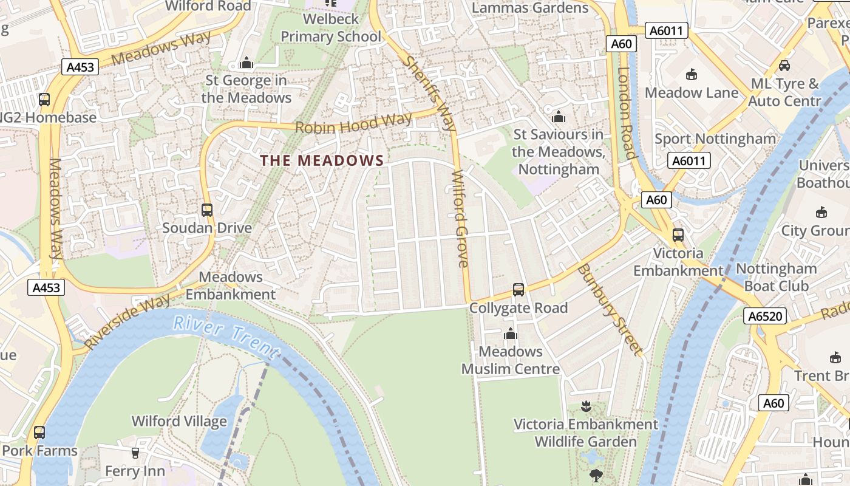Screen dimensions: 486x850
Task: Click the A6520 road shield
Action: click(x=766, y=316)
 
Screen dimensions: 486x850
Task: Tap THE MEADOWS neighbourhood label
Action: click(x=322, y=160)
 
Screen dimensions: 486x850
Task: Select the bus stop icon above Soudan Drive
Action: click(x=207, y=210)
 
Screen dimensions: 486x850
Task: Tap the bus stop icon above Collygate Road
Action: click(x=518, y=290)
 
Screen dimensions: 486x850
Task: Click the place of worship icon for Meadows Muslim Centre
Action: click(x=511, y=334)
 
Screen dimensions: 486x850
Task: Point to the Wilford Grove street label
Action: click(x=460, y=219)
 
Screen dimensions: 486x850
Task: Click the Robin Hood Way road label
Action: click(x=353, y=122)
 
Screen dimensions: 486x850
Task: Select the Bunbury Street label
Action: click(x=609, y=309)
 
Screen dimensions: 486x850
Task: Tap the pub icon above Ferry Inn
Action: click(x=135, y=453)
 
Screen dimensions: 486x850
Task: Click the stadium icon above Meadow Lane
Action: click(x=691, y=75)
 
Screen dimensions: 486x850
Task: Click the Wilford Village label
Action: click(x=179, y=421)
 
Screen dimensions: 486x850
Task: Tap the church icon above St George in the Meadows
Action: click(x=246, y=63)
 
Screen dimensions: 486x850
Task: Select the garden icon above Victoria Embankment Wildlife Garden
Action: click(x=586, y=406)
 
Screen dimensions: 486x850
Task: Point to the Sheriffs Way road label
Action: click(x=430, y=94)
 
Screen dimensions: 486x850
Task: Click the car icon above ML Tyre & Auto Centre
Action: click(x=784, y=66)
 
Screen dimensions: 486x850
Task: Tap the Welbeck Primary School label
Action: click(x=331, y=28)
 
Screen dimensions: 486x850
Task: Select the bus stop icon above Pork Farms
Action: click(x=39, y=433)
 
